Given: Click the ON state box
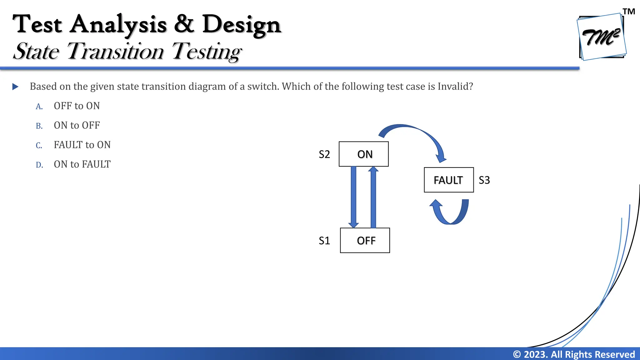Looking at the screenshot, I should click(x=364, y=154).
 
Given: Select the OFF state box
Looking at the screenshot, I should click(x=365, y=240).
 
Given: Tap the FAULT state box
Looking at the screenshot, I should click(x=449, y=180).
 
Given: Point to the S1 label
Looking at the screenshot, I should click(x=324, y=241).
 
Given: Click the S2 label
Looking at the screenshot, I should click(x=324, y=154).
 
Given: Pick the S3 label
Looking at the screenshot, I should click(x=484, y=180).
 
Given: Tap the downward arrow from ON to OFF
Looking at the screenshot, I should click(x=353, y=197).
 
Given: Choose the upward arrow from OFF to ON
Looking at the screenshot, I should click(x=373, y=197).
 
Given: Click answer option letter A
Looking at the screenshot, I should click(x=39, y=107).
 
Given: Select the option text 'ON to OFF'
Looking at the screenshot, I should click(x=77, y=125).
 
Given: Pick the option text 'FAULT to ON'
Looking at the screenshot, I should click(x=82, y=145).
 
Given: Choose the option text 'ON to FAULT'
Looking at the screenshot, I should click(x=82, y=164).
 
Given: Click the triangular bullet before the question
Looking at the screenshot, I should click(x=15, y=87).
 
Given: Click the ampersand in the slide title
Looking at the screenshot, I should click(x=184, y=24).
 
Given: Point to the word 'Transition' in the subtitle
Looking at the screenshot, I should click(x=115, y=51).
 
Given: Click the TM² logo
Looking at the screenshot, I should click(x=601, y=37).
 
